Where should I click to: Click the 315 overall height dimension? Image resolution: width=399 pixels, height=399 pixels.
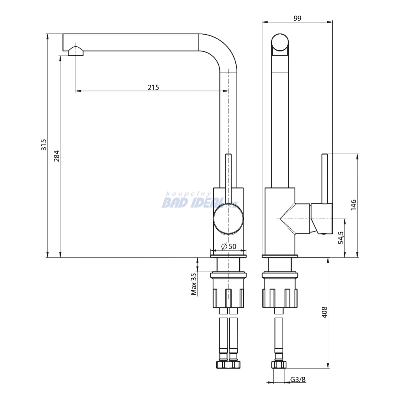click(x=44, y=145)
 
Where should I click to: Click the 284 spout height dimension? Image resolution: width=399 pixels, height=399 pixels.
click(x=56, y=156)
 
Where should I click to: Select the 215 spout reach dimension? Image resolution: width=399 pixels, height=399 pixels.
click(x=153, y=87)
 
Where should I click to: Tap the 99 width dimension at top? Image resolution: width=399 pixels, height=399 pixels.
click(x=297, y=18)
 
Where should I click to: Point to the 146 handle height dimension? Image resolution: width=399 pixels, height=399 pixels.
click(x=353, y=205)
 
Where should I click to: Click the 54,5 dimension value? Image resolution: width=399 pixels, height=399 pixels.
click(x=341, y=238)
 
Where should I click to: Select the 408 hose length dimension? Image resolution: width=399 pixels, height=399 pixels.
click(x=324, y=312)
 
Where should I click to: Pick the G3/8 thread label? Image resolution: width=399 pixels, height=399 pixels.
click(x=298, y=380)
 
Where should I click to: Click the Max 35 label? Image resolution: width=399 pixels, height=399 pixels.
click(x=194, y=284)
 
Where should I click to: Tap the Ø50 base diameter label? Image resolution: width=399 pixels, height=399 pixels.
click(x=229, y=246)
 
